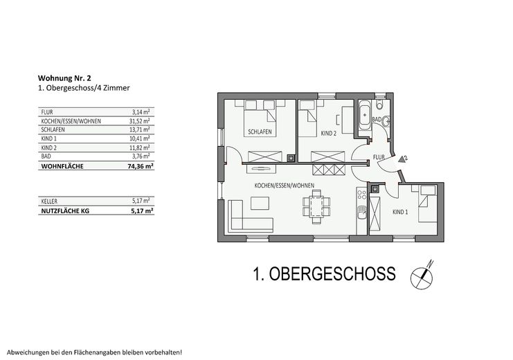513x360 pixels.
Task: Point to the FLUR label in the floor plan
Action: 378,157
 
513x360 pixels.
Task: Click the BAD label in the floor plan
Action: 377,120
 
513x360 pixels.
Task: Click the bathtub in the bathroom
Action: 365,115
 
